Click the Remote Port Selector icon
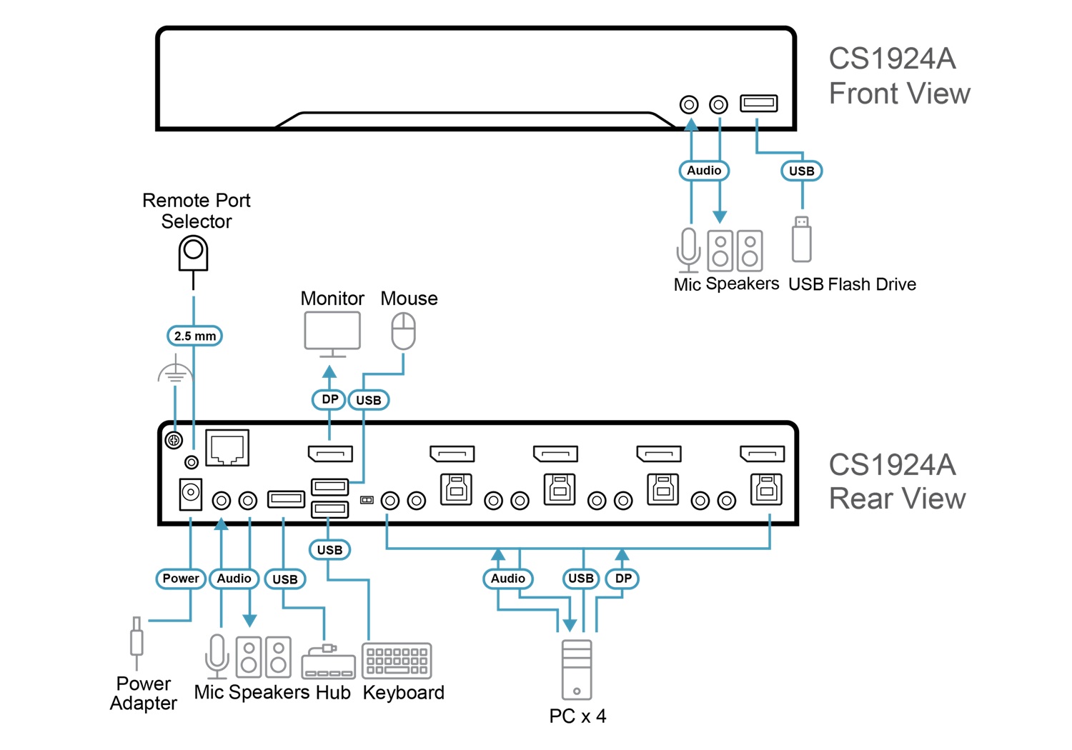tap(193, 254)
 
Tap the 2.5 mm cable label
tap(194, 336)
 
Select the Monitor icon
tap(332, 333)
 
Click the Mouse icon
tap(403, 331)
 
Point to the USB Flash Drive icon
tap(802, 240)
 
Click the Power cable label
tap(181, 579)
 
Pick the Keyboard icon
tap(397, 661)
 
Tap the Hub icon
tap(328, 664)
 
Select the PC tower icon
tap(577, 669)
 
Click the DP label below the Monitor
tap(329, 399)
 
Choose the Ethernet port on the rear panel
tap(227, 448)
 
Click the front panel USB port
tap(758, 104)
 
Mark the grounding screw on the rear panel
tap(174, 440)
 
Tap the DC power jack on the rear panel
tap(190, 494)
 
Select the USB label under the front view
tap(801, 171)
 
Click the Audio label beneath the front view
tap(704, 171)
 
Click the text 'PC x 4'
tap(577, 716)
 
